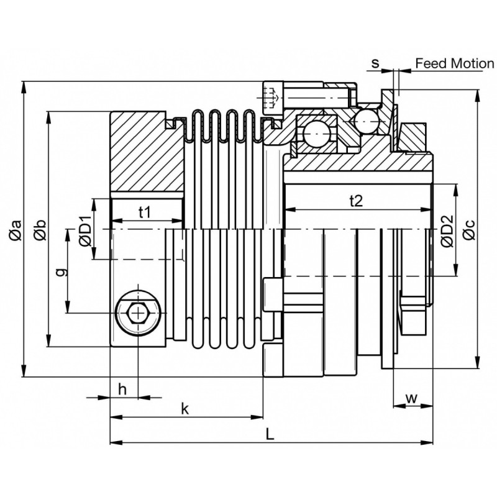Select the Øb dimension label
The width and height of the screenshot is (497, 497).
pyautogui.click(x=40, y=230)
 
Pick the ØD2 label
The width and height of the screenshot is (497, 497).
pyautogui.click(x=447, y=230)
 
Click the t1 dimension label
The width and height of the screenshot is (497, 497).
pyautogui.click(x=145, y=212)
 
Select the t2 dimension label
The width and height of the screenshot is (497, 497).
pyautogui.click(x=356, y=201)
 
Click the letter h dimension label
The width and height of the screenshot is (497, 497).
pyautogui.click(x=122, y=389)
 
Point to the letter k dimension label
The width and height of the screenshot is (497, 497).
pyautogui.click(x=185, y=409)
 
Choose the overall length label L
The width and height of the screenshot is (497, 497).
pyautogui.click(x=270, y=434)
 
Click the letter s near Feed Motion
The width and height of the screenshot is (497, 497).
pyautogui.click(x=375, y=63)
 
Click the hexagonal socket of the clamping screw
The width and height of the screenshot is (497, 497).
pyautogui.click(x=139, y=313)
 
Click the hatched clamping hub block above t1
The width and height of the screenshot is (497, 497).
pyautogui.click(x=147, y=152)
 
